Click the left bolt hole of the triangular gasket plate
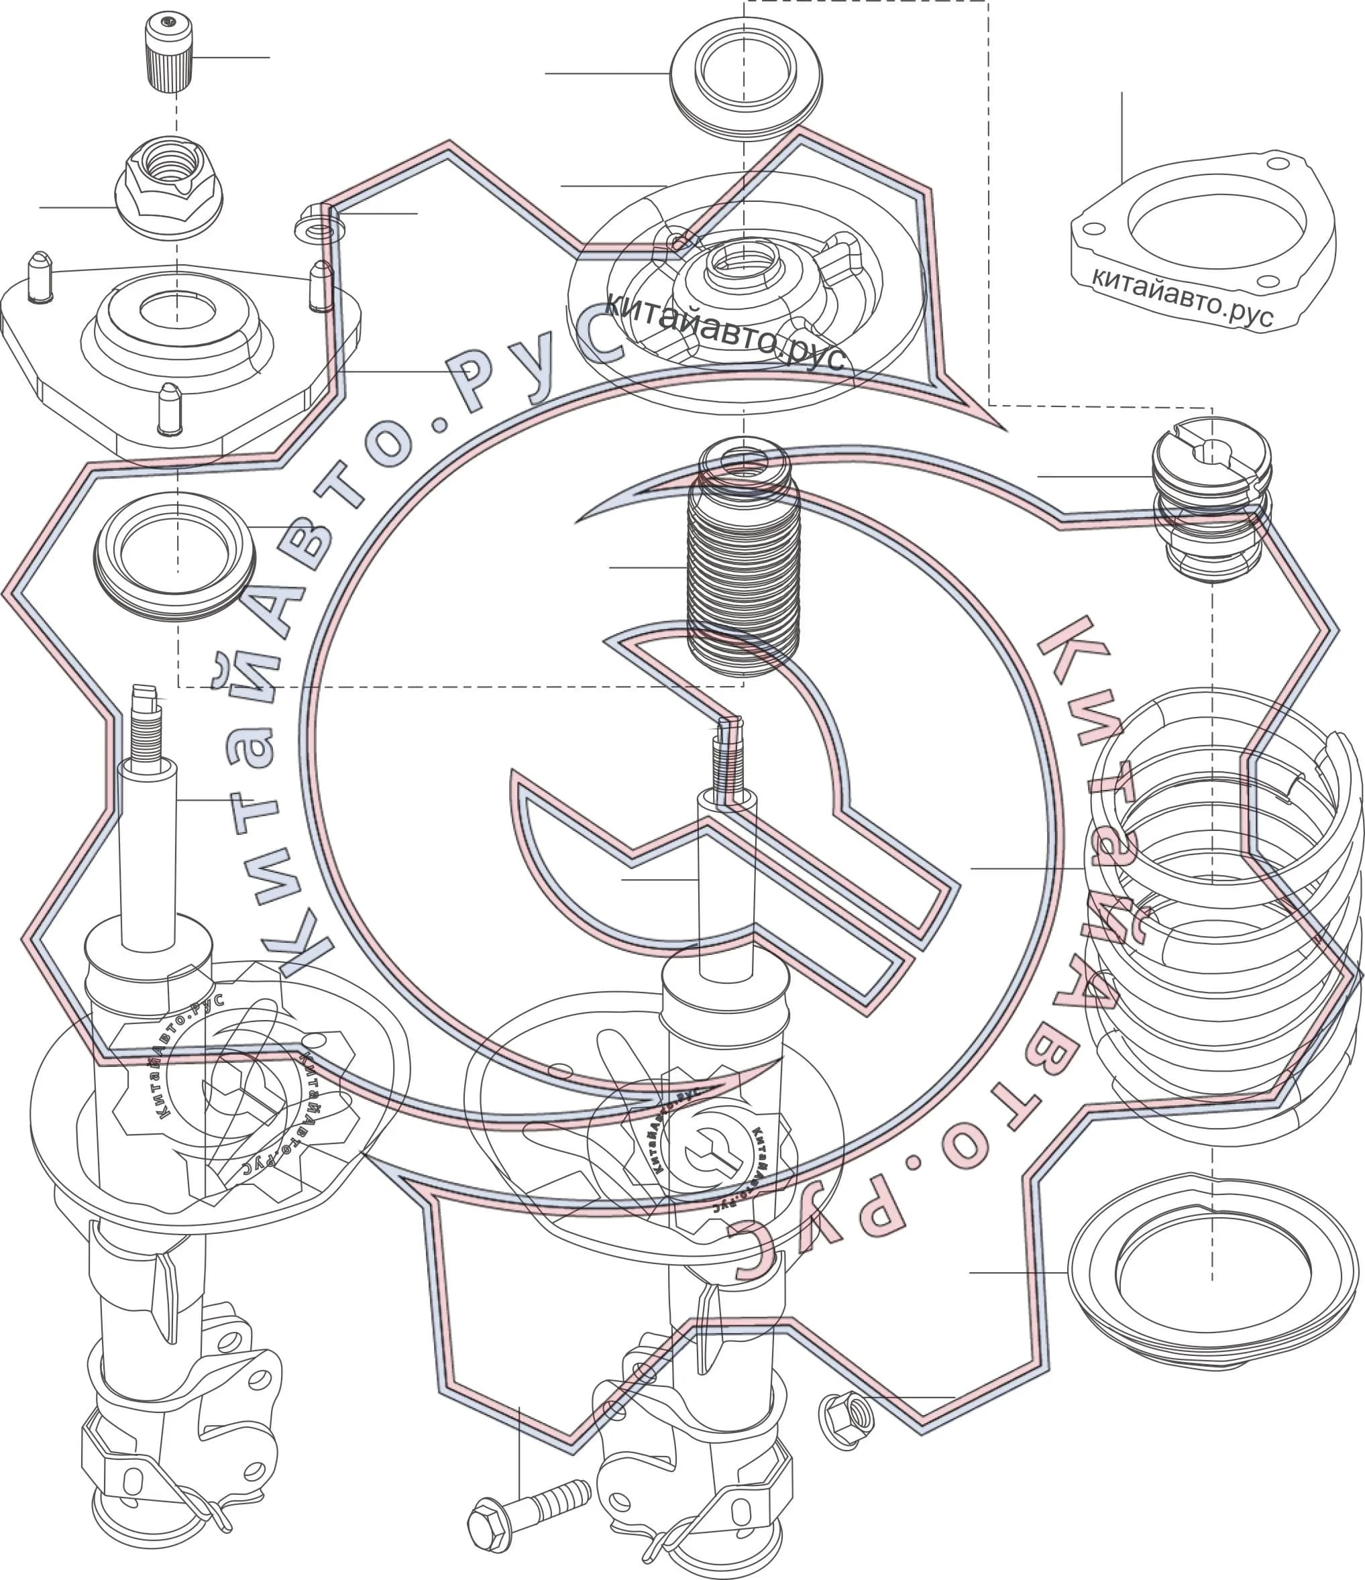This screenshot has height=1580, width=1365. click(1093, 227)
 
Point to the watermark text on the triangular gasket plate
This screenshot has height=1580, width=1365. click(1182, 296)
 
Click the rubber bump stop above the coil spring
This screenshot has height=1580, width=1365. click(1211, 499)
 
